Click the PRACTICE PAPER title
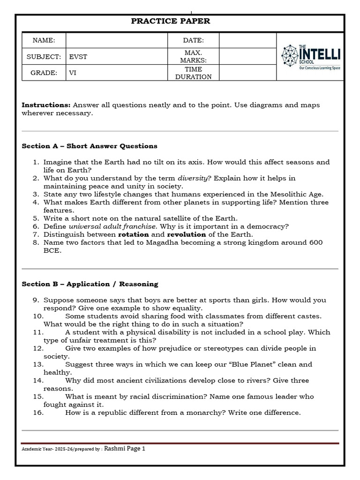[170, 21]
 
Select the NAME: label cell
[44, 41]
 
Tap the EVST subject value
[78, 57]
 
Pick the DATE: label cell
[193, 41]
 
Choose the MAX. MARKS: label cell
[193, 57]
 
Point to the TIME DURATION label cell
[193, 73]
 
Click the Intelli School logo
[311, 57]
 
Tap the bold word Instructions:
[46, 105]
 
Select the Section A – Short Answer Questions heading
[90, 146]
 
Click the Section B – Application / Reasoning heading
[90, 284]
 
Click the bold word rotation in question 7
[133, 234]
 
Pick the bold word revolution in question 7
[186, 234]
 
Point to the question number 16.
[38, 412]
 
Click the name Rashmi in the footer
[115, 449]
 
